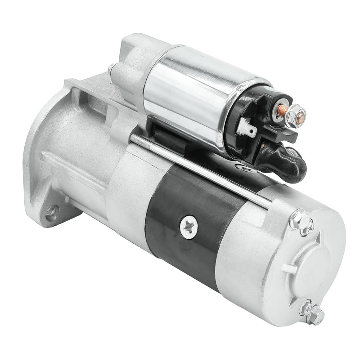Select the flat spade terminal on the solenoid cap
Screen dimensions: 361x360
(246, 128)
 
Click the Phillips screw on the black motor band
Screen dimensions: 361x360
(189, 227)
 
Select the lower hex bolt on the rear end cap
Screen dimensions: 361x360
(316, 316)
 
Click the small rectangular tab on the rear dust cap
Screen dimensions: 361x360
(288, 268)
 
